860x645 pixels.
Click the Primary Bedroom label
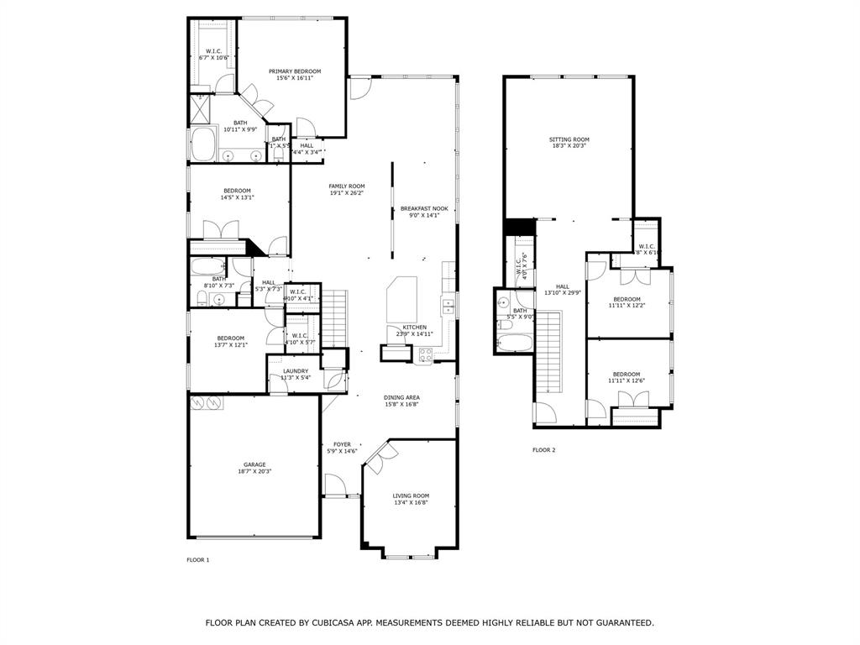(295, 71)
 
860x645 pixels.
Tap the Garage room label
(254, 464)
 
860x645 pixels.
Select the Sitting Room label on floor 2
(569, 139)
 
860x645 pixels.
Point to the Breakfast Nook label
(424, 208)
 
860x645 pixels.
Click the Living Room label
(411, 496)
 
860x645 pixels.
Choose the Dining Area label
(401, 397)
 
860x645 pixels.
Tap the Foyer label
(342, 444)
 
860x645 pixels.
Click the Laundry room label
(295, 371)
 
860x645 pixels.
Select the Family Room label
(346, 186)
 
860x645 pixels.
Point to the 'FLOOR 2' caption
(543, 450)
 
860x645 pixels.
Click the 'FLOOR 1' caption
(197, 559)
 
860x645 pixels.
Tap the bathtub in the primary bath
(202, 145)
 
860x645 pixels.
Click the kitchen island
(401, 298)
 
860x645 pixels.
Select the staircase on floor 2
(548, 351)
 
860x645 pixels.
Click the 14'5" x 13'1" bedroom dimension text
(237, 198)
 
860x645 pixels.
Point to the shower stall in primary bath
(201, 107)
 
